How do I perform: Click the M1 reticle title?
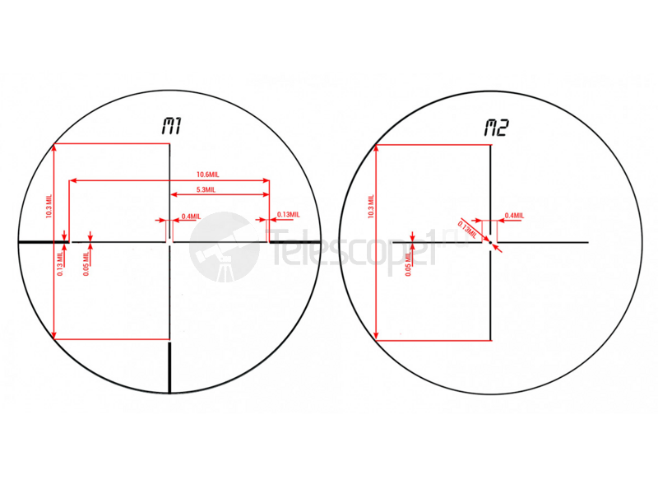(171, 127)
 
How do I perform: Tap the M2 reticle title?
(496, 128)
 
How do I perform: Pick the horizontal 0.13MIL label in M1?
(288, 215)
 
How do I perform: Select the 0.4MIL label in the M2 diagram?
(513, 216)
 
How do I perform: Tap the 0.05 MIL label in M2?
(408, 263)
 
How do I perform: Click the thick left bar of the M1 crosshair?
(41, 242)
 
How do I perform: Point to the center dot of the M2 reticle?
(491, 242)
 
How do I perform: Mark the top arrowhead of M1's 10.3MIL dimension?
(53, 147)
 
